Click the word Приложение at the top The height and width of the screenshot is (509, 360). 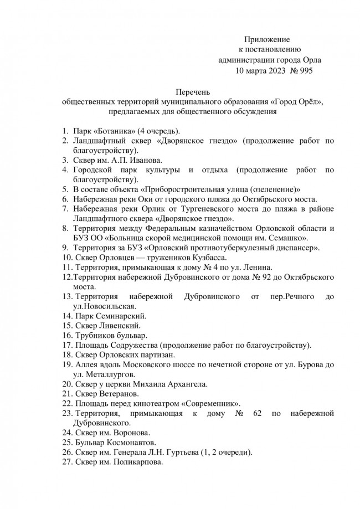tap(267, 39)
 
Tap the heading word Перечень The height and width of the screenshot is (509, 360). tap(193, 92)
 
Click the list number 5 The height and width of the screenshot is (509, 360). tap(64, 189)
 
